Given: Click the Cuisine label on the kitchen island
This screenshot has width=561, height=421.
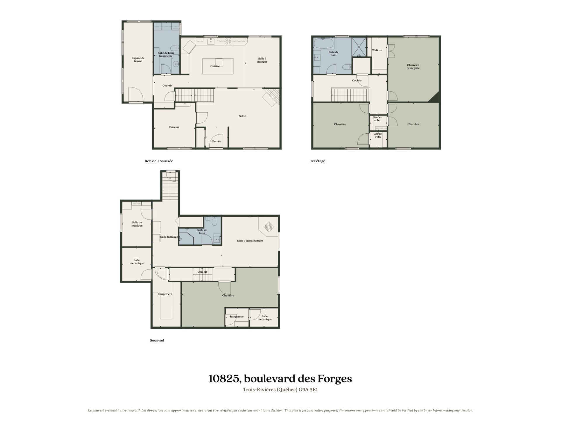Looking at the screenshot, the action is coord(215,66).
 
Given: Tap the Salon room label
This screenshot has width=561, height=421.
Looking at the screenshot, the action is coord(243,116).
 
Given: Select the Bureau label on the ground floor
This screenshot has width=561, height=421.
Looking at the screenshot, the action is coord(174,127).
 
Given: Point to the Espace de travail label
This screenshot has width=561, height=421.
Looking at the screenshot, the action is coord(138,60).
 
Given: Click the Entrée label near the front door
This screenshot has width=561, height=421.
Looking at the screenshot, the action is coord(217,142).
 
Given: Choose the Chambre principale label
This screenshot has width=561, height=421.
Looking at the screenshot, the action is coord(413,67).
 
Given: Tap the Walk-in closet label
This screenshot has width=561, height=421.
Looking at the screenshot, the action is coord(377,50).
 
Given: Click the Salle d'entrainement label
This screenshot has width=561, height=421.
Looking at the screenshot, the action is coord(250,241).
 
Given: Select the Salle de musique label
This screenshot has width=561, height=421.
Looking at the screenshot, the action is coord(137,224).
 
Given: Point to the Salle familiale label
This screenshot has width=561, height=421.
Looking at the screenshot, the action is coord(169,237).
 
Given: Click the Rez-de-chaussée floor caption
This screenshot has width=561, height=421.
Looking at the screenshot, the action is coord(159,161).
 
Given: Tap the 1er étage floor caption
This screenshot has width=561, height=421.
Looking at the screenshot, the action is coord(318,161).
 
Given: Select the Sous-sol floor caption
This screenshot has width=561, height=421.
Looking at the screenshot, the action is coord(157,340).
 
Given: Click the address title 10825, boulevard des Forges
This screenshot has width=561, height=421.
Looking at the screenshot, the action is coord(280,379).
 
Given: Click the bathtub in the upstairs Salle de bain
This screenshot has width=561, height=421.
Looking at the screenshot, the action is coord(323,44).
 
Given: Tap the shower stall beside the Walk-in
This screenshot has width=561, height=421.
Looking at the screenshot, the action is coord(359,47).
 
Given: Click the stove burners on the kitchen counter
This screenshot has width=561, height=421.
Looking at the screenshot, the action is coord(228,42).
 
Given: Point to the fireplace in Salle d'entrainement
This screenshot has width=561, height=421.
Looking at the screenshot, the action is coord(269,227).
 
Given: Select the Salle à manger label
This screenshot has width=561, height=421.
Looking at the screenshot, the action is coord(262,60).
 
